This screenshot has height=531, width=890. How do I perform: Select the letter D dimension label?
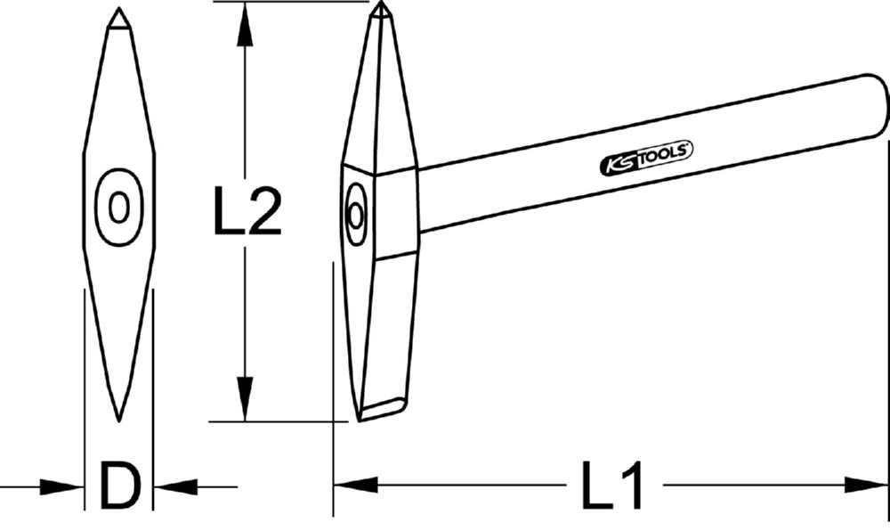coord(119,486)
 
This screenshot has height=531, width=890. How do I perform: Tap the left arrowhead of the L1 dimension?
coord(354,485)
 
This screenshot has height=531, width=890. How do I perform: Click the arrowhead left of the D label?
coord(66,486)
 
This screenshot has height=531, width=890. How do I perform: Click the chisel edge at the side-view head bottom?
coord(380,410)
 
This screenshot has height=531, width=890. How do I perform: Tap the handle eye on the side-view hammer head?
coord(355,214)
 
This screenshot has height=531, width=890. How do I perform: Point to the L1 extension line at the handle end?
coord(887,356)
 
